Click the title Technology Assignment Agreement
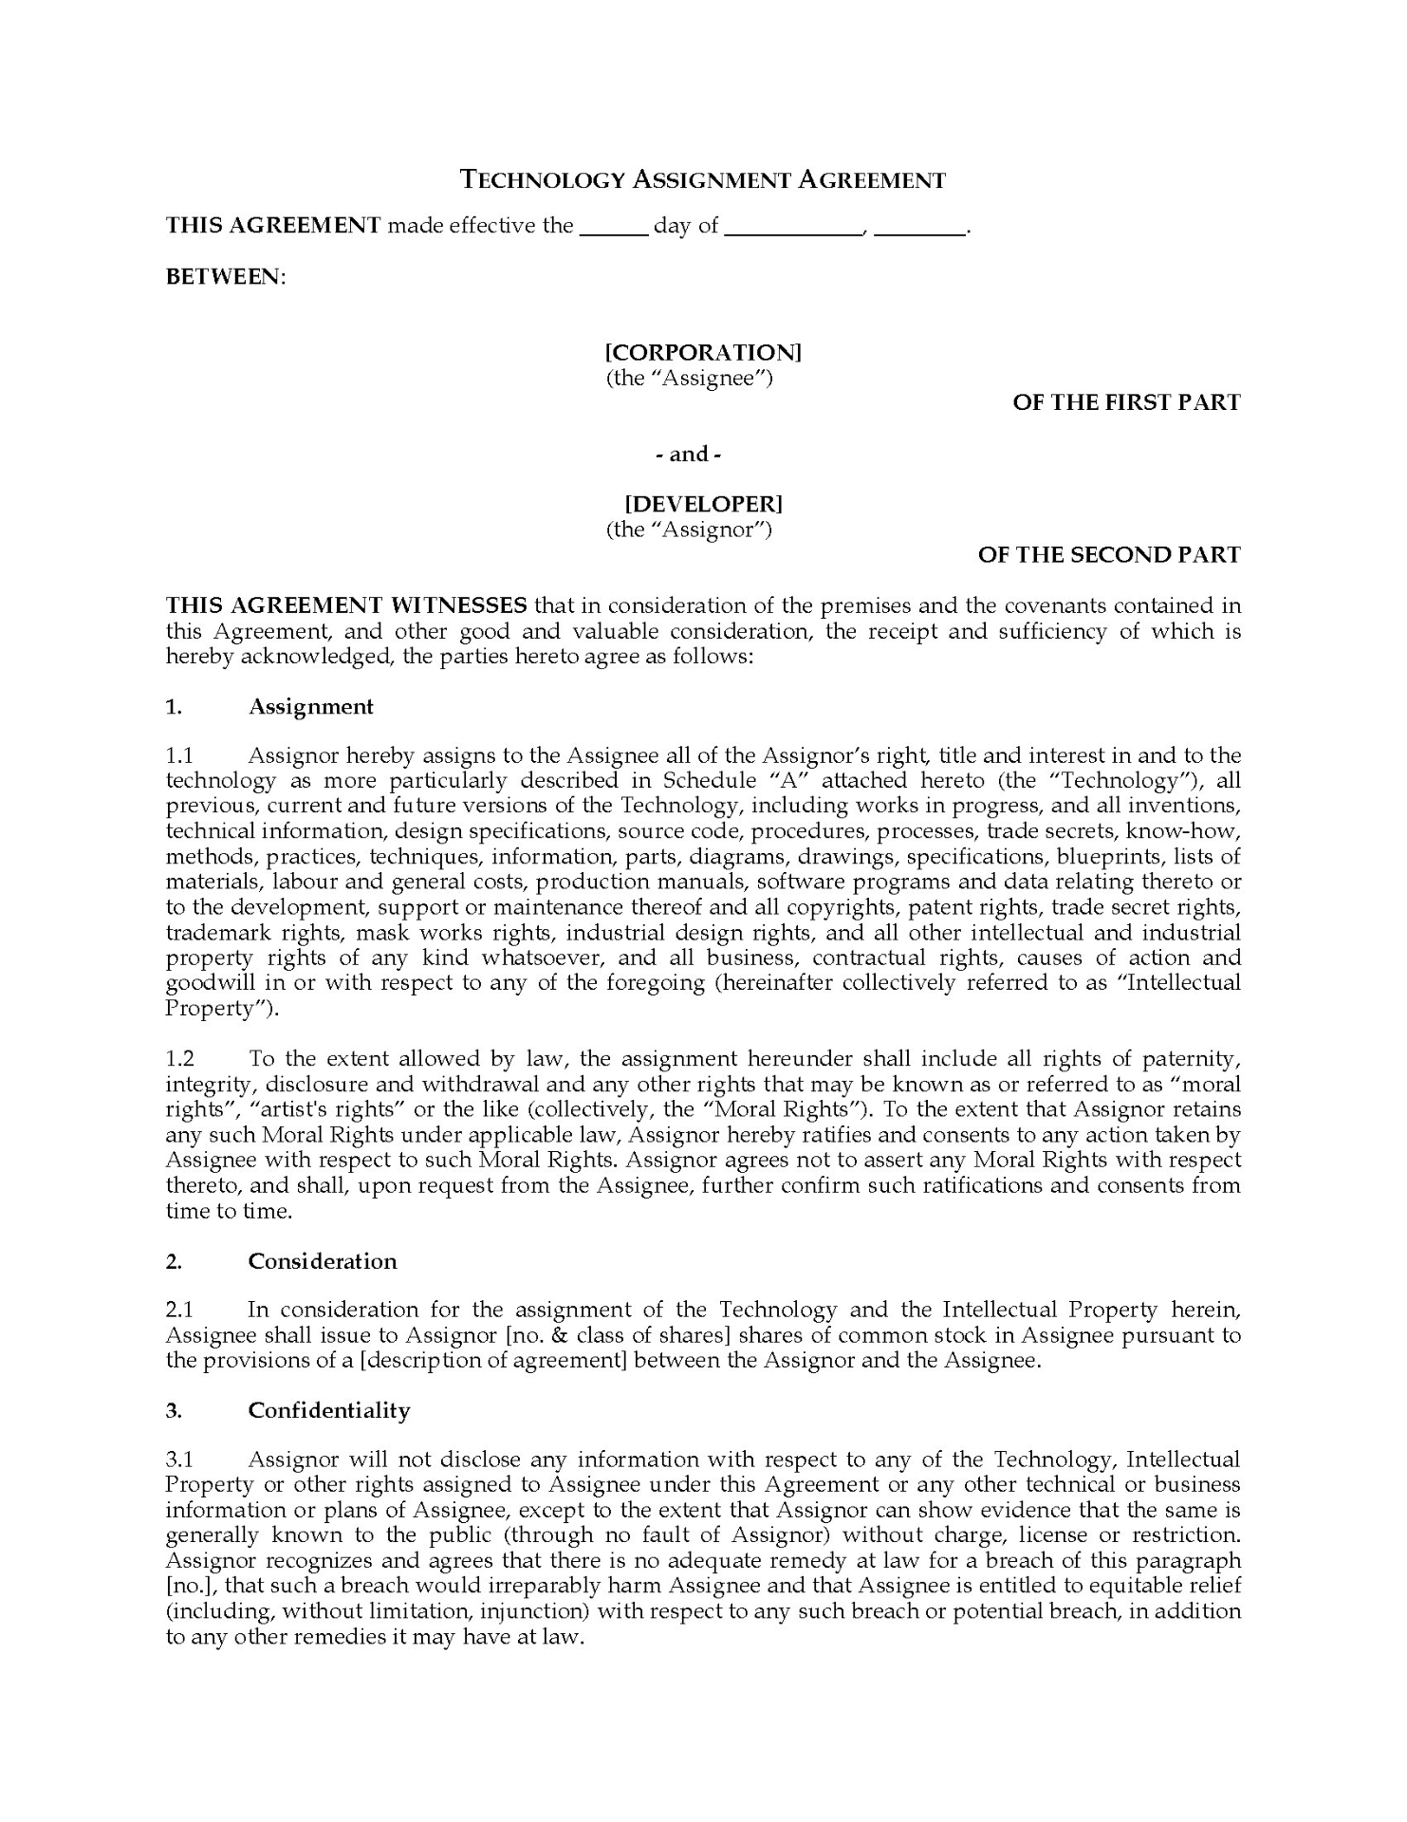[703, 179]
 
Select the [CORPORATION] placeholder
[703, 352]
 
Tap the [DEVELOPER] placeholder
[703, 503]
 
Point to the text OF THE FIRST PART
[1126, 402]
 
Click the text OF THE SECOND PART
[1109, 554]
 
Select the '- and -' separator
[689, 454]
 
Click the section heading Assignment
[311, 706]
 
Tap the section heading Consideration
[323, 1261]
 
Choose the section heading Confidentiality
[329, 1410]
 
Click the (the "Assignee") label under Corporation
[690, 378]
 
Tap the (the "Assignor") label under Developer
[689, 529]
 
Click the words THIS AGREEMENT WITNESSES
[346, 605]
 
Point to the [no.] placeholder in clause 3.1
[185, 1586]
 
